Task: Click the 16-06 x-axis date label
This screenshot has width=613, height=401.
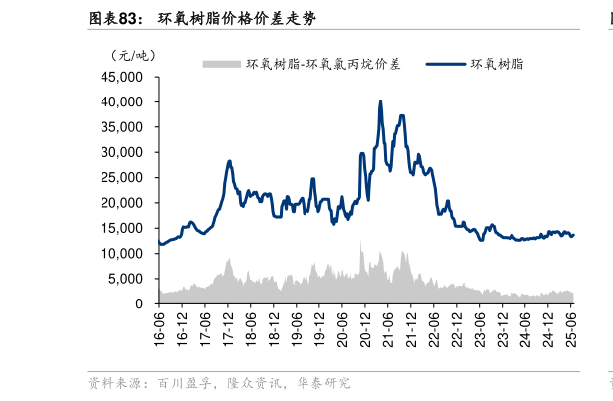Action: [159, 327]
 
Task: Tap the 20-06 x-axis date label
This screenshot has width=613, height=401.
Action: [343, 327]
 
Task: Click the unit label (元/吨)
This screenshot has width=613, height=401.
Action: [135, 55]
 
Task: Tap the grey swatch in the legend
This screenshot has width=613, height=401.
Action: [222, 64]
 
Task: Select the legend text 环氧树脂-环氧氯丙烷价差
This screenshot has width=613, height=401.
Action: [323, 64]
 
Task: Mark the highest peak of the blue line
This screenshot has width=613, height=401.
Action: [381, 101]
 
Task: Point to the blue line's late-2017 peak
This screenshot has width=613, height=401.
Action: [229, 161]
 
